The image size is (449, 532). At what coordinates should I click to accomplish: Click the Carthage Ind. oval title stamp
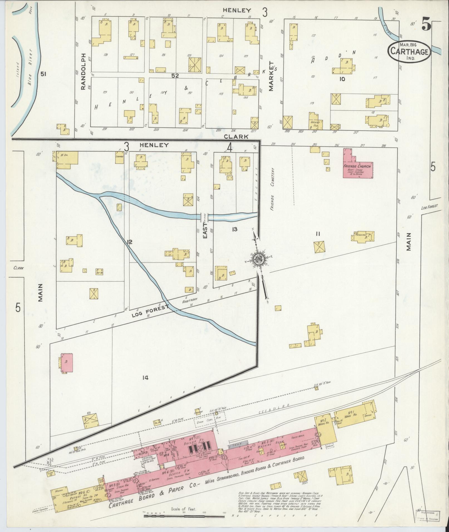point(409,51)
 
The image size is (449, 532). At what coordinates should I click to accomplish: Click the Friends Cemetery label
point(273,189)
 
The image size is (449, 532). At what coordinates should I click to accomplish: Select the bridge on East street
point(205,216)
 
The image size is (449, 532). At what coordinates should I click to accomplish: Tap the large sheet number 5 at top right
point(426,24)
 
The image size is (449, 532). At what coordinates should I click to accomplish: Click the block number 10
point(342,79)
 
